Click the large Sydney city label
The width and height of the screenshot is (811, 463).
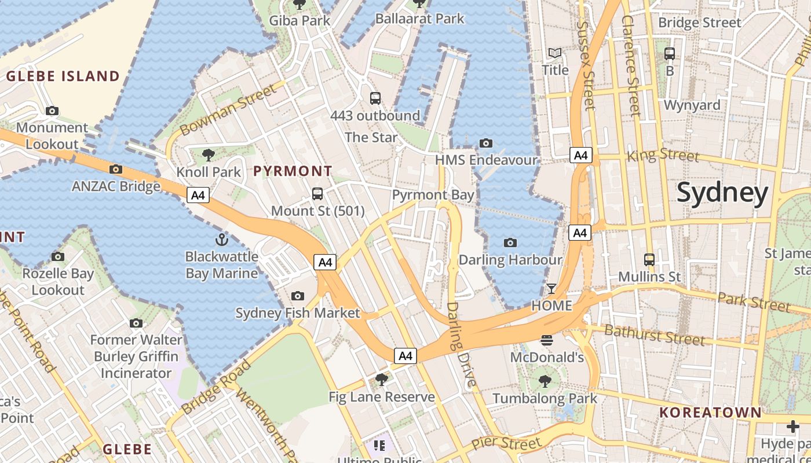tap(722, 193)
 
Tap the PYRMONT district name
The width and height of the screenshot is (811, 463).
tap(293, 171)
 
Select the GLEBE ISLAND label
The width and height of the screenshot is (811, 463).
tap(63, 76)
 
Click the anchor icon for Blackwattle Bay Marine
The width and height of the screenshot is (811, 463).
tap(221, 240)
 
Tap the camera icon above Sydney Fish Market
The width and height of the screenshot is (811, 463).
tap(298, 296)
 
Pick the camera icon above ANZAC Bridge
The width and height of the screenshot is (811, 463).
tap(116, 170)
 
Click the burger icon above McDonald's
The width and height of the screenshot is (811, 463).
tap(547, 340)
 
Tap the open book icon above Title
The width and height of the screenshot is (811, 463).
tap(555, 53)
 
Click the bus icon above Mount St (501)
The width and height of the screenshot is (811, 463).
tap(317, 194)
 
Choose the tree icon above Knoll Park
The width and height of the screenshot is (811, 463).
tap(209, 155)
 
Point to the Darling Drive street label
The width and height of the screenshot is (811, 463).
tap(461, 344)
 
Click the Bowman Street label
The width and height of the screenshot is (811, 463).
tap(228, 109)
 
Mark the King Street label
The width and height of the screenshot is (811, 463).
tap(663, 155)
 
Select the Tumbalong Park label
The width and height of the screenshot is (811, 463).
tap(545, 398)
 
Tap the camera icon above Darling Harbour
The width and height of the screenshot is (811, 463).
tap(510, 243)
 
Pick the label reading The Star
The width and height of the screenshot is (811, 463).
tap(371, 137)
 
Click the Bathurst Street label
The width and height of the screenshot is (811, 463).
tap(654, 334)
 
